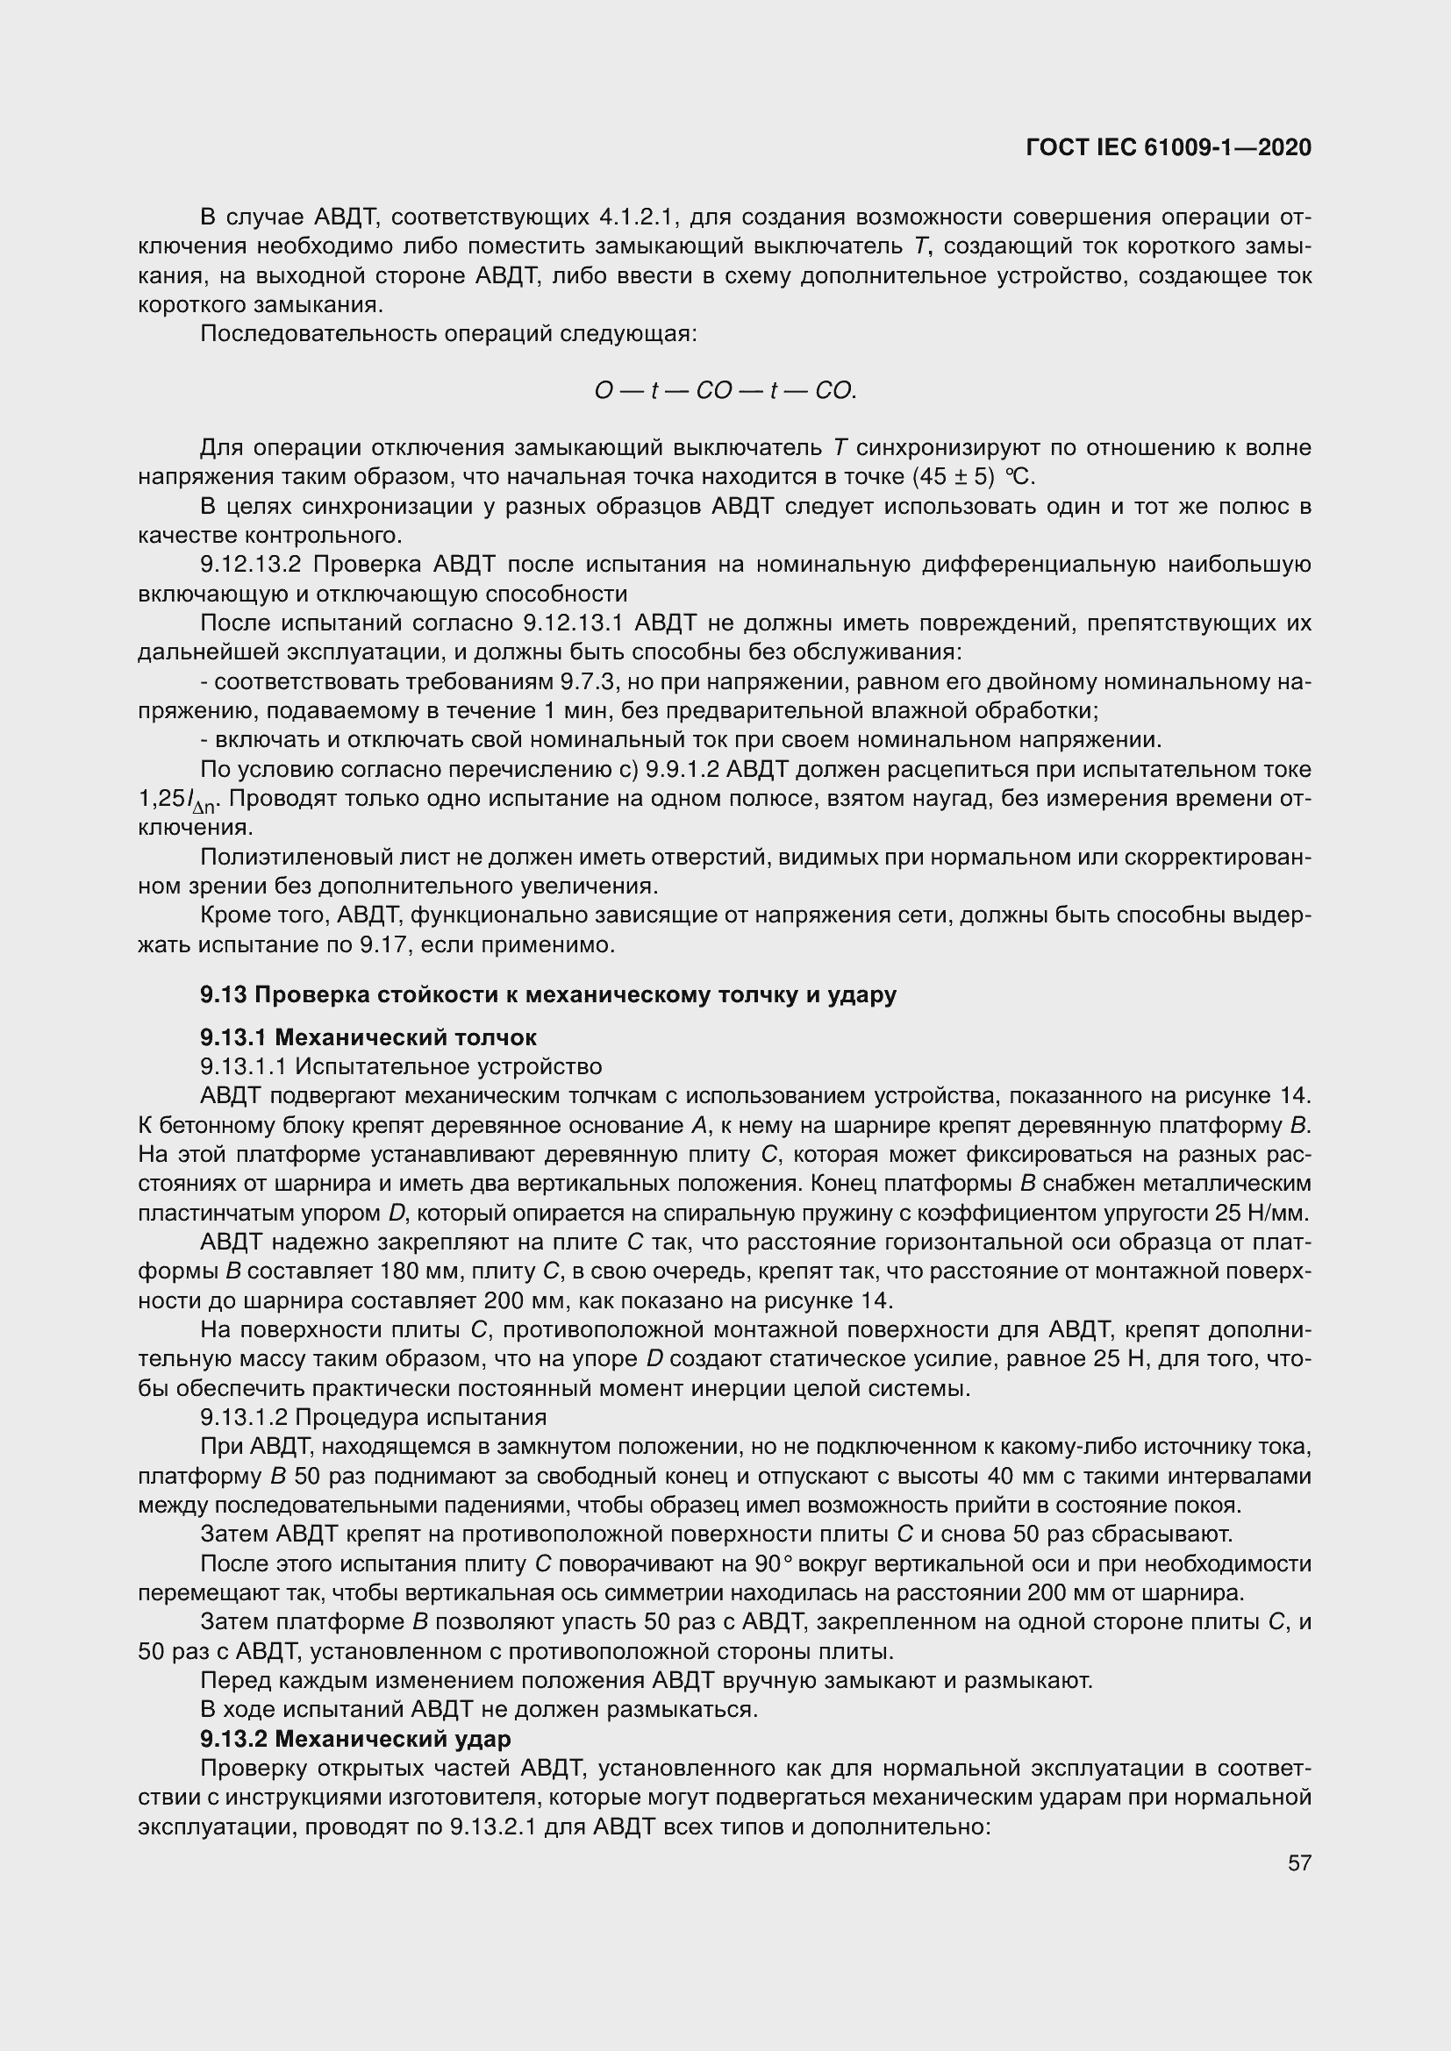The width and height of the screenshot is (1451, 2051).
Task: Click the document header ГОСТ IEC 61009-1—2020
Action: [1169, 147]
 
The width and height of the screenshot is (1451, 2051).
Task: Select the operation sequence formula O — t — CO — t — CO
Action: [725, 390]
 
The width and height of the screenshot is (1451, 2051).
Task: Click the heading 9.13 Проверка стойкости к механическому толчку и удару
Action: [547, 995]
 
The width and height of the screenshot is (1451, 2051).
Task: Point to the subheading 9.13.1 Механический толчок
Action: [368, 1037]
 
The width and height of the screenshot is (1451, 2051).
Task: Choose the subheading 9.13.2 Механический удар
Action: [355, 1739]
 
